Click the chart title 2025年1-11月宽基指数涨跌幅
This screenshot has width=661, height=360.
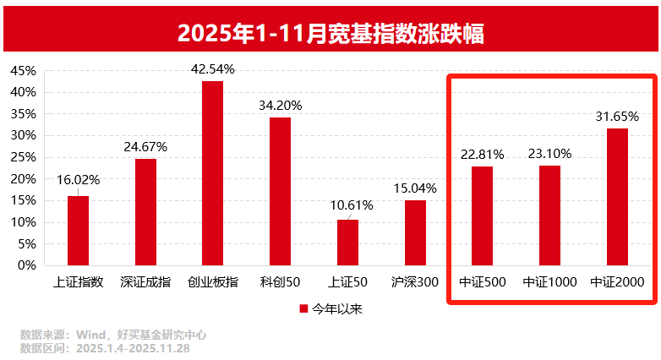[330, 32]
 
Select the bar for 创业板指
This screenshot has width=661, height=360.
[212, 173]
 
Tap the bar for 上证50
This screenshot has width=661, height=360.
[347, 243]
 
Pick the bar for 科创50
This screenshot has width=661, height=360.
[280, 191]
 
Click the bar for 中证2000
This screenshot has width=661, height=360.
[617, 197]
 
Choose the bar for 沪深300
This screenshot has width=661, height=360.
[415, 232]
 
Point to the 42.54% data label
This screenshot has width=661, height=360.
[212, 68]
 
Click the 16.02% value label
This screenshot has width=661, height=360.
[78, 180]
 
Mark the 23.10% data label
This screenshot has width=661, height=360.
[549, 153]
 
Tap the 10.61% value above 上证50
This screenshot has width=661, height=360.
[347, 205]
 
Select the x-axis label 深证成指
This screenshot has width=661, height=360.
[145, 282]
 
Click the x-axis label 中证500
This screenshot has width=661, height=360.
[482, 282]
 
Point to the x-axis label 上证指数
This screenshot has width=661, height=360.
[78, 282]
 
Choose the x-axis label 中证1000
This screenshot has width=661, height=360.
[549, 282]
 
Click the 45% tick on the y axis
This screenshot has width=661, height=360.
[23, 70]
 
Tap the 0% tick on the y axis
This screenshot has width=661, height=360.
[27, 265]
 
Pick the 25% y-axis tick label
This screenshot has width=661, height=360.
[23, 157]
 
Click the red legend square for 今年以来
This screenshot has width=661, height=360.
[305, 308]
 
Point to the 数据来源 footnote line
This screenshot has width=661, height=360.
[113, 335]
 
